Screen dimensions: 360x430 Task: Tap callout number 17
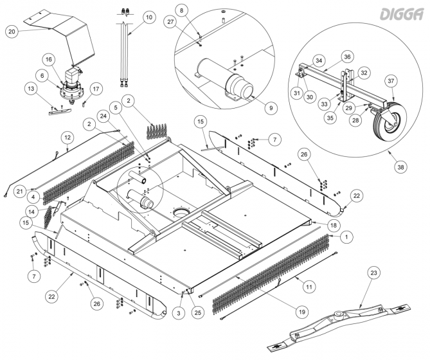click(x=96, y=88)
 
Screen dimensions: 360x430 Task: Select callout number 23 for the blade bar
click(x=373, y=273)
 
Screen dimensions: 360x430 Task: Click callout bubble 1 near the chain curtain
click(x=346, y=237)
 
